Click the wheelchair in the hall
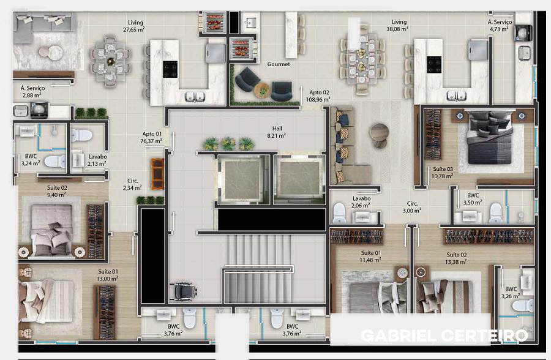182,291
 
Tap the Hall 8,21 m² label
277,132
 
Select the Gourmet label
279,64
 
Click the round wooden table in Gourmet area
262,91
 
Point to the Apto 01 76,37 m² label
151,138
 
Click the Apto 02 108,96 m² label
318,96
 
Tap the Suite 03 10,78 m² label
443,172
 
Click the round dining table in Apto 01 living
110,61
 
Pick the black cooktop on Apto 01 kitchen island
170,69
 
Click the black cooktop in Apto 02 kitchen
434,65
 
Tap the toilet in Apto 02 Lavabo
339,212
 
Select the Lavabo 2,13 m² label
97,160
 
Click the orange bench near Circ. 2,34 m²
157,174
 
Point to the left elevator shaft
242,179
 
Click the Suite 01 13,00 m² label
108,275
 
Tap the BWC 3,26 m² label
511,293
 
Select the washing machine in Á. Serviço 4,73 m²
523,33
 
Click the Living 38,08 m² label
399,25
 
